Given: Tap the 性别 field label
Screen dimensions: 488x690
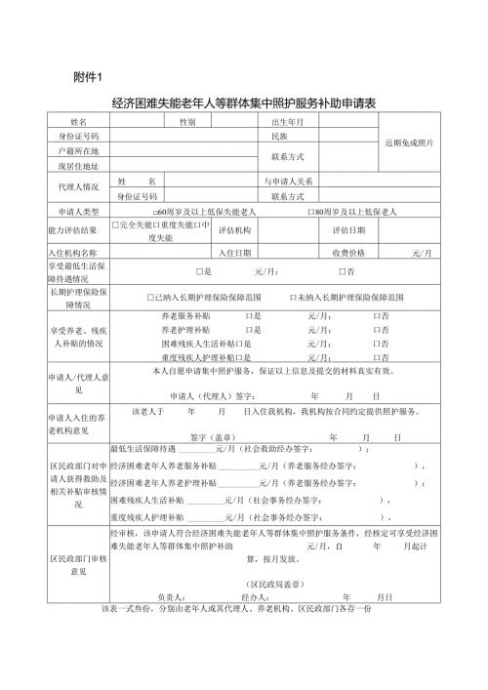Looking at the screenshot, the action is point(186,122).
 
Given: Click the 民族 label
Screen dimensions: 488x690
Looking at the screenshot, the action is point(278,137).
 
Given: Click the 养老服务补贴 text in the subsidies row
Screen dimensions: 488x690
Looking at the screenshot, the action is point(184,316).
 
